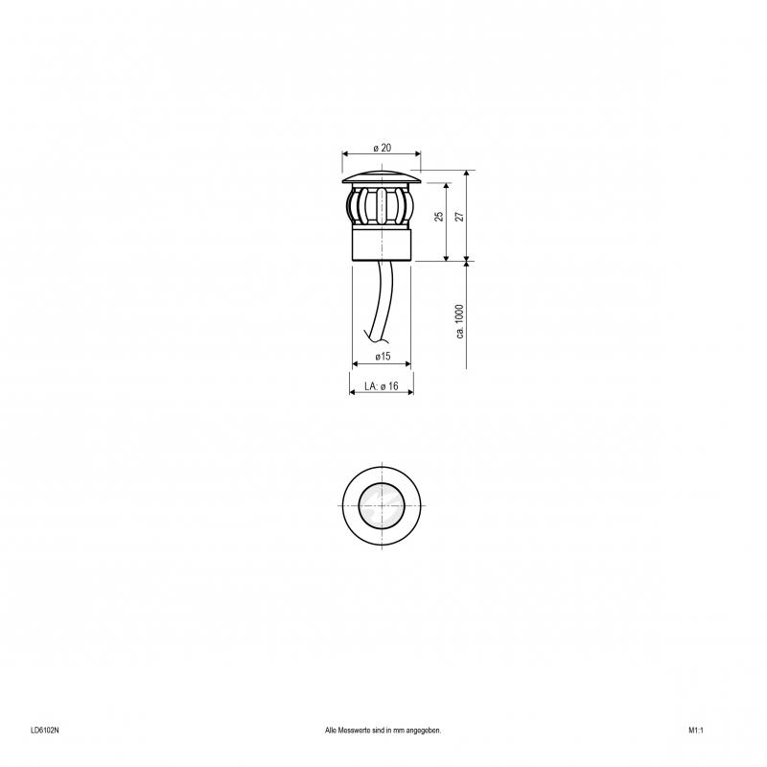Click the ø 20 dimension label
(x=382, y=148)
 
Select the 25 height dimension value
(x=439, y=217)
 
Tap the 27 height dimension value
(x=459, y=217)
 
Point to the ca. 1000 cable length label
(x=459, y=321)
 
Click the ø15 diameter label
(x=383, y=356)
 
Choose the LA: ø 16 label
(x=382, y=386)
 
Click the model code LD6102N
(x=44, y=731)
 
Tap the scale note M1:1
(x=696, y=731)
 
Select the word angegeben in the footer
(x=424, y=731)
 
